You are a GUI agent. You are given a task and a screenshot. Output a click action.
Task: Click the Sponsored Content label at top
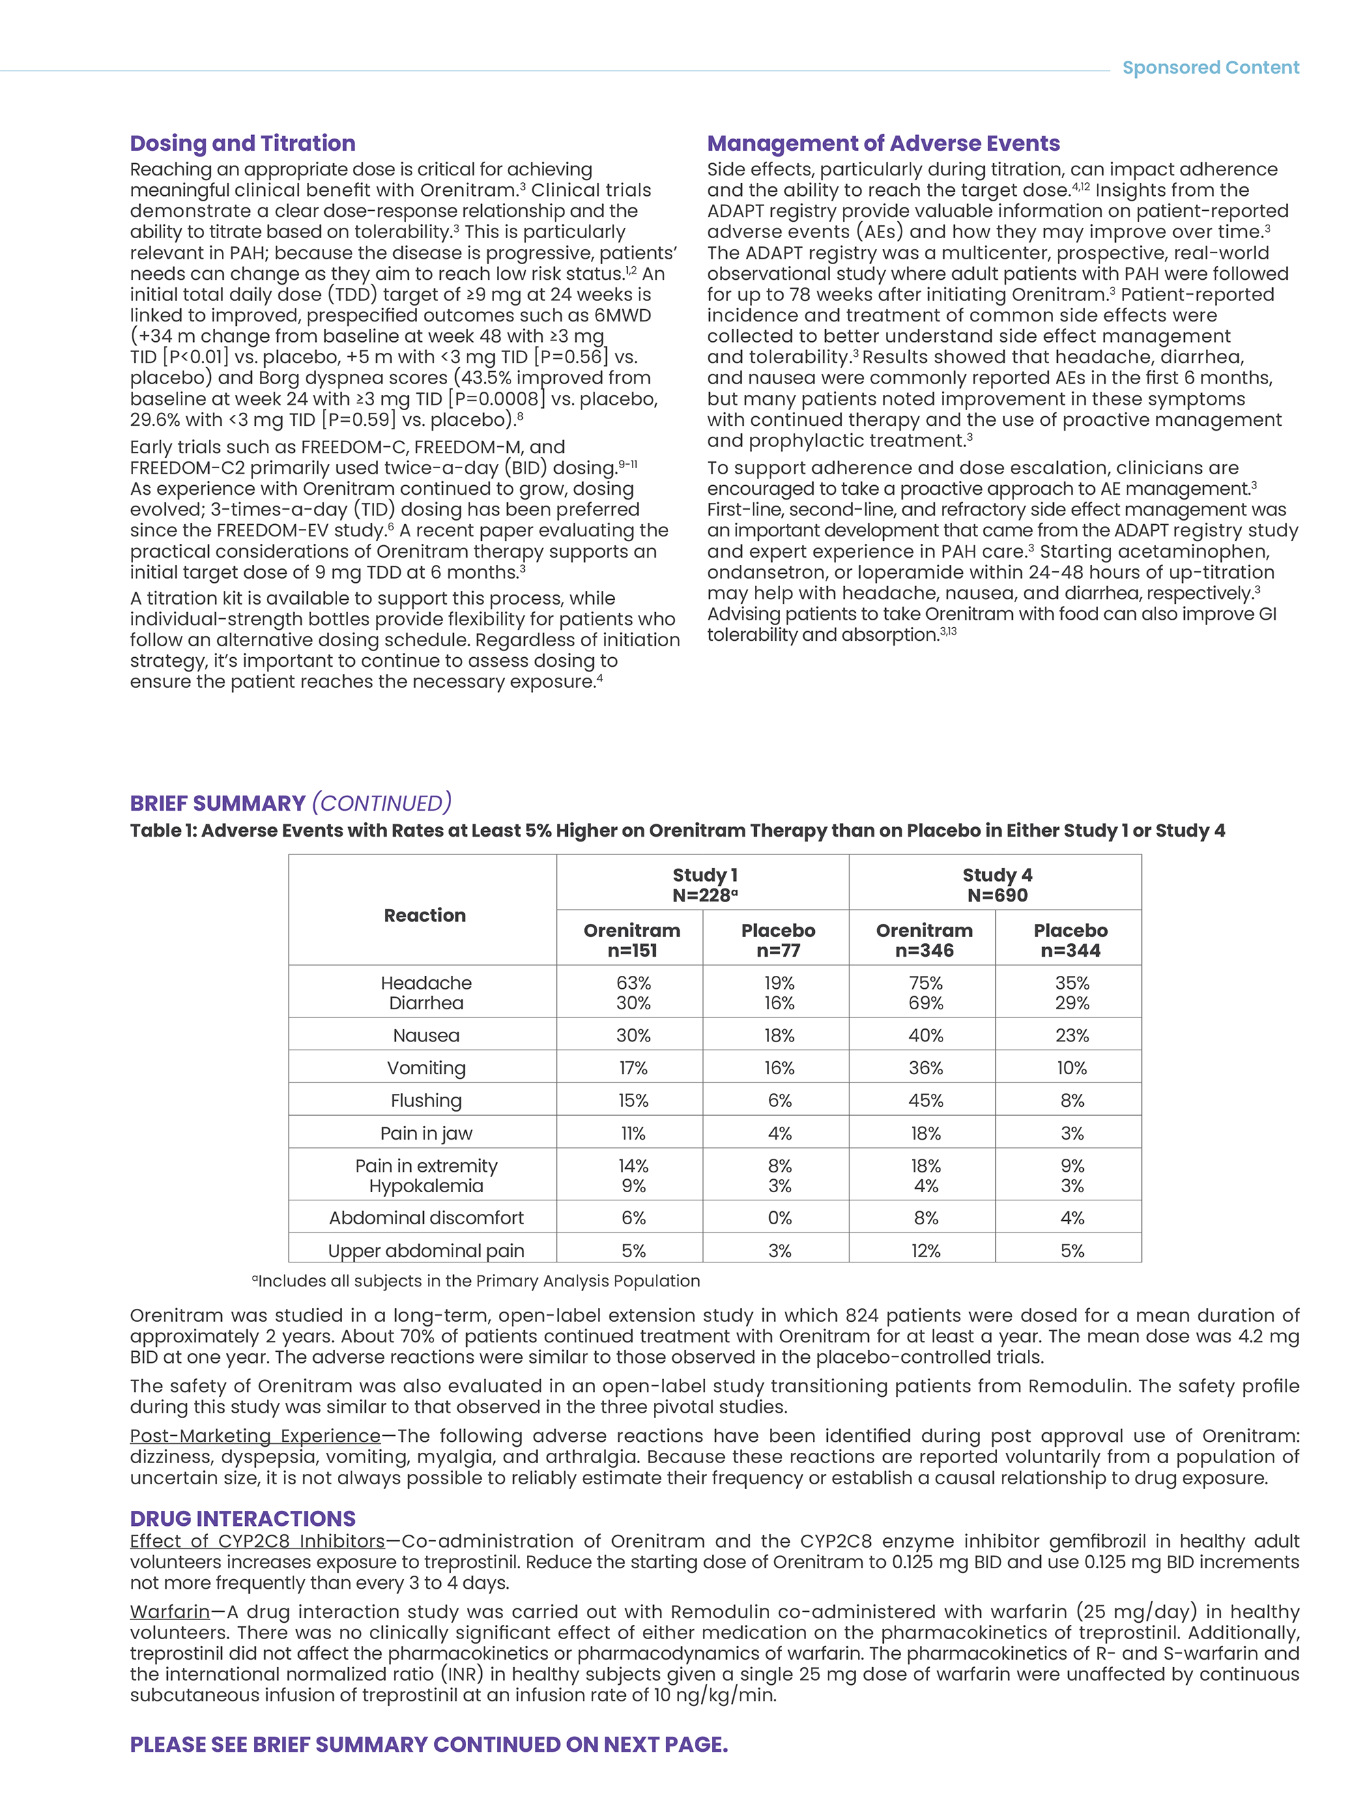tap(1209, 68)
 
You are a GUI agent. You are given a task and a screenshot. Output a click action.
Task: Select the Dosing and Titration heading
tap(243, 143)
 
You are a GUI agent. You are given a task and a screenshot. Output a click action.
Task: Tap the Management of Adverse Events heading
tap(883, 143)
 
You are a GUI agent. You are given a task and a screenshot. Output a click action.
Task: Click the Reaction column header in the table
tap(425, 915)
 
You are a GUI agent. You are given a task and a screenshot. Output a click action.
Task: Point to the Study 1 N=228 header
tap(704, 884)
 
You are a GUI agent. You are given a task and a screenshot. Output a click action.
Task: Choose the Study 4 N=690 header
tap(996, 884)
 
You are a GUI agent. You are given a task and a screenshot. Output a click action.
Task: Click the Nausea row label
tap(426, 1035)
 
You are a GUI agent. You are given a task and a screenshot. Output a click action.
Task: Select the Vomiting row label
tap(426, 1068)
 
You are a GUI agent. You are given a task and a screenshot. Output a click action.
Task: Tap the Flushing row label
tap(426, 1100)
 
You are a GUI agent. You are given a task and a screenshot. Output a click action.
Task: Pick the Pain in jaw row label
tap(426, 1133)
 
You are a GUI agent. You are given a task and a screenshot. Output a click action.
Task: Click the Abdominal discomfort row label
tap(426, 1217)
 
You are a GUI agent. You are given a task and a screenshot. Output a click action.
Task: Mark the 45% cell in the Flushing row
tap(925, 1100)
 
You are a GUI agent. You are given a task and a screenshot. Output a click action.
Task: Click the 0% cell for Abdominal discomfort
tap(779, 1217)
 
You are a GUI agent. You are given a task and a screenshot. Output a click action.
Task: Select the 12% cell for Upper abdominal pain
tap(925, 1251)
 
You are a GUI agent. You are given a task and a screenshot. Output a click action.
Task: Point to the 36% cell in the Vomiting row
tap(925, 1068)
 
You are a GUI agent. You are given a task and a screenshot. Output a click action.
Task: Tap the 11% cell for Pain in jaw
tap(633, 1133)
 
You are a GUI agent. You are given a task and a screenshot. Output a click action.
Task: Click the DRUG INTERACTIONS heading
tap(243, 1518)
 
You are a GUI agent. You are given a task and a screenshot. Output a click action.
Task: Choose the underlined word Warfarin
tap(169, 1611)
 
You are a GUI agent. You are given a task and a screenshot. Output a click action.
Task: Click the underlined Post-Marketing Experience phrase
tap(255, 1435)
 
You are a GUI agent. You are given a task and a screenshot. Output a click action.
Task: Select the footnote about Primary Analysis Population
tap(476, 1281)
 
